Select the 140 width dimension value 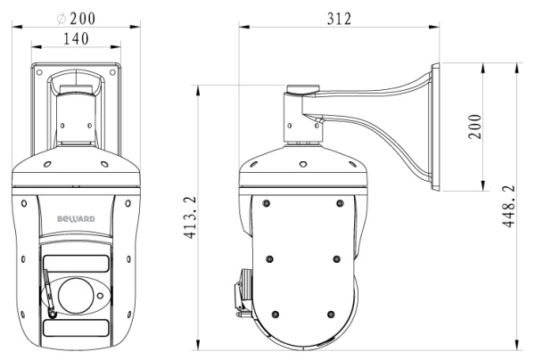pyautogui.click(x=78, y=38)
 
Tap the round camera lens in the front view pyautogui.click(x=77, y=292)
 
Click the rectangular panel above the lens pyautogui.click(x=77, y=263)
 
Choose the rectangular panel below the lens pyautogui.click(x=77, y=327)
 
